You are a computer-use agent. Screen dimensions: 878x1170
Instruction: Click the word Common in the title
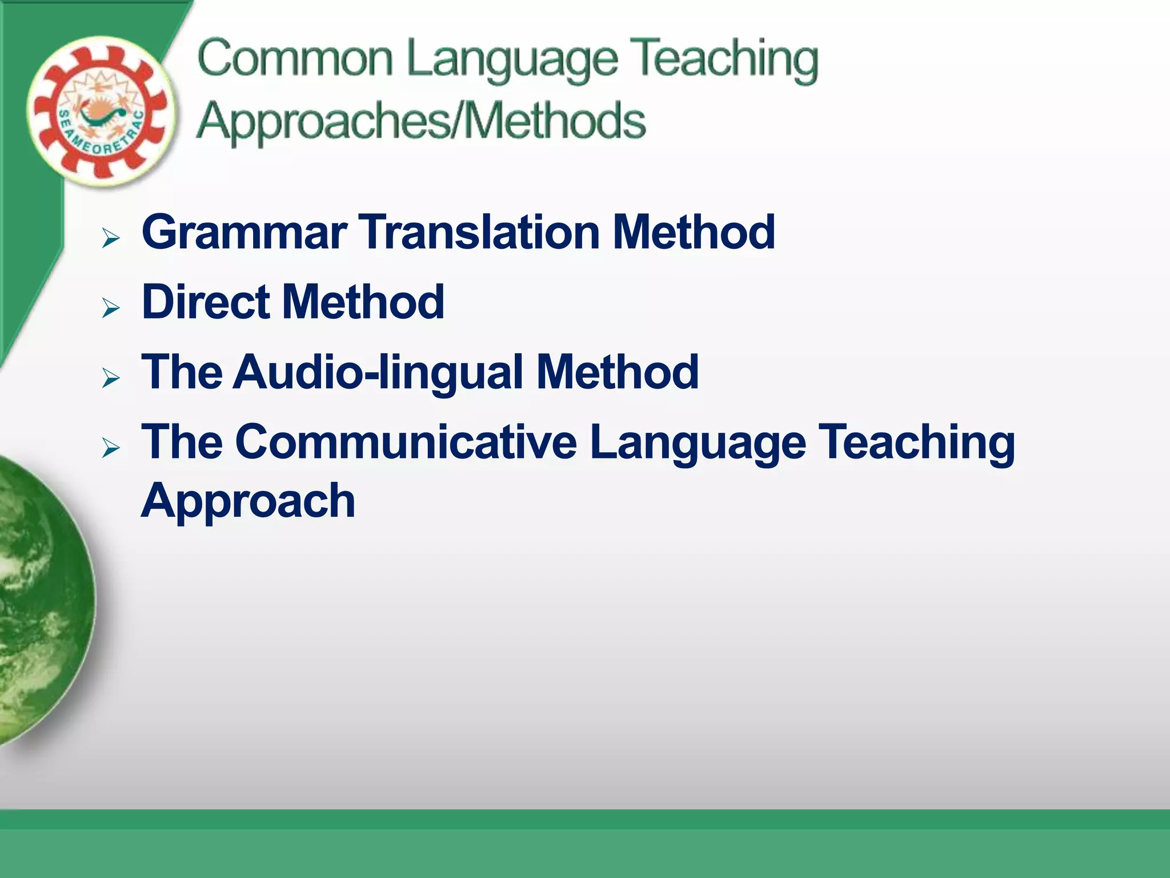[295, 58]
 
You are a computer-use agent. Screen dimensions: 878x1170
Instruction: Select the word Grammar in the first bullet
[245, 232]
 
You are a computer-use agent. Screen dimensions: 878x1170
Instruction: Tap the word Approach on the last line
[248, 501]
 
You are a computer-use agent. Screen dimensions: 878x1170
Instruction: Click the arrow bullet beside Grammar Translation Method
[111, 237]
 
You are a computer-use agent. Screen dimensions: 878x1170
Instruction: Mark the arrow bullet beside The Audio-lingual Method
[111, 378]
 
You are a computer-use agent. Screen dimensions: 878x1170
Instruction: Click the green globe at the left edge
[40, 600]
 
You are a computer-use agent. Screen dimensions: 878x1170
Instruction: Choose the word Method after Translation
[694, 232]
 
